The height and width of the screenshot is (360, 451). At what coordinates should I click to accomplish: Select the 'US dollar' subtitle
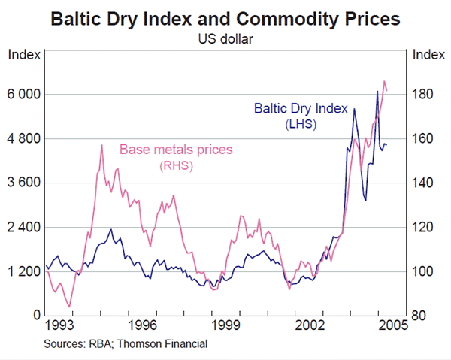tap(225, 37)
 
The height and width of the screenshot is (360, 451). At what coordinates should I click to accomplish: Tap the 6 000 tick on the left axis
tap(23, 95)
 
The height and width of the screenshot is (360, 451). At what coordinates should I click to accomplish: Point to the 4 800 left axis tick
tap(23, 139)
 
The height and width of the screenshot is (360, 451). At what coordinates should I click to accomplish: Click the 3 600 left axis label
tap(23, 183)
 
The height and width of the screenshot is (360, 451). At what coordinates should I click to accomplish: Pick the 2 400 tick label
tap(23, 227)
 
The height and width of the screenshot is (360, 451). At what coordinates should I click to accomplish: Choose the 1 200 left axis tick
tap(23, 271)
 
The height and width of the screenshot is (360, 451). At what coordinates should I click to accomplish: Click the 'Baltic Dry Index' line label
tap(297, 109)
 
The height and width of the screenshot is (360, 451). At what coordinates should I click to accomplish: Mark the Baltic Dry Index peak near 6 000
tap(377, 92)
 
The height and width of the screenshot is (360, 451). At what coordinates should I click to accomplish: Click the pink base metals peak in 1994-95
tap(101, 145)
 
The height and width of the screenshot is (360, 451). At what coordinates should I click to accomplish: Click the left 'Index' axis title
tap(21, 54)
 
